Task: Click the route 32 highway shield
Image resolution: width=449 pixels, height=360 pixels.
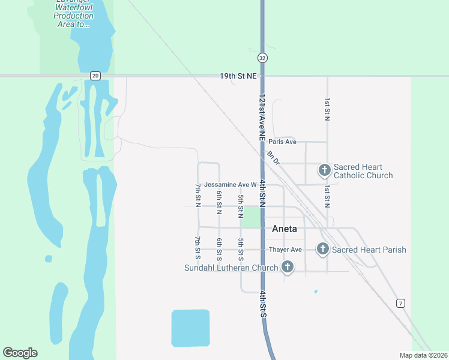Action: tap(262, 58)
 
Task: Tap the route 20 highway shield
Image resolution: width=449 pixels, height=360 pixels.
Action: tap(95, 76)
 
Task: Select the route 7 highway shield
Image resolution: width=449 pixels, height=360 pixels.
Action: tap(400, 304)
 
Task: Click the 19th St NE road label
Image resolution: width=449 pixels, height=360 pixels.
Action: tap(238, 76)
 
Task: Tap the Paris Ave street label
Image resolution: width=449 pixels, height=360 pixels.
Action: tap(283, 142)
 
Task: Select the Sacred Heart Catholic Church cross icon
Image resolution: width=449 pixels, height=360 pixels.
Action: tap(324, 170)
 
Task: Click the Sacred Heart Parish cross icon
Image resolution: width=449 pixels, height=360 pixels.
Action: tap(322, 248)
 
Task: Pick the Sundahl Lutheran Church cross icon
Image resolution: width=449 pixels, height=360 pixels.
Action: tap(287, 267)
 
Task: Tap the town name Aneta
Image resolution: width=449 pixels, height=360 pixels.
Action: tap(285, 229)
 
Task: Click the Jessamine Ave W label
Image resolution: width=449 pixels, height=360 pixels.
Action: tap(231, 185)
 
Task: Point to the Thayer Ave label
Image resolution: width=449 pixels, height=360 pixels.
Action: tap(285, 250)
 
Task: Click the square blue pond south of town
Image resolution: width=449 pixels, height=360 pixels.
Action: tap(190, 329)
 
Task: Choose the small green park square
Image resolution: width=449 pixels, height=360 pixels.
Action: tap(252, 216)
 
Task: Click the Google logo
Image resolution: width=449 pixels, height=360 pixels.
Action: tap(20, 353)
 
